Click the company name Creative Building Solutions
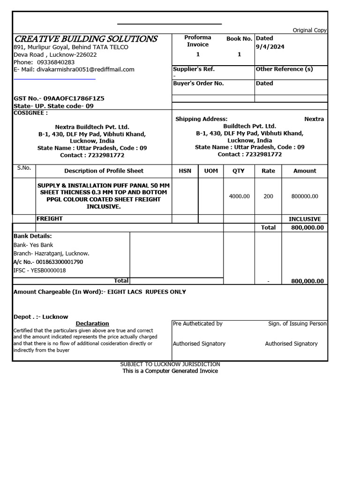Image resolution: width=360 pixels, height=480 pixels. [85, 39]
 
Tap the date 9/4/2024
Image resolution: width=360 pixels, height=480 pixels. [270, 47]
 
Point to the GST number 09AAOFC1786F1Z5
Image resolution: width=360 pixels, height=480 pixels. [74, 98]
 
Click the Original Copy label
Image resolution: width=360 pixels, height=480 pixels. [309, 30]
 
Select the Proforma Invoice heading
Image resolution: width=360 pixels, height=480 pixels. [197, 41]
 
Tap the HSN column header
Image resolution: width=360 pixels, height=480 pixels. [185, 171]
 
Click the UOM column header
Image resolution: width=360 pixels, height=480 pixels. [211, 171]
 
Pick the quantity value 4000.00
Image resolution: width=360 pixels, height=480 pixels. [239, 196]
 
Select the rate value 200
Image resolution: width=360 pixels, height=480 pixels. [268, 196]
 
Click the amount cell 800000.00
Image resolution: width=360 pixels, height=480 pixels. [305, 196]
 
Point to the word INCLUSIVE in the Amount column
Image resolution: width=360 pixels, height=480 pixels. [305, 219]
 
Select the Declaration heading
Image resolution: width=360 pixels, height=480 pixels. [92, 323]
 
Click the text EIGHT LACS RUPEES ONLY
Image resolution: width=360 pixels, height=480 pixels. [147, 292]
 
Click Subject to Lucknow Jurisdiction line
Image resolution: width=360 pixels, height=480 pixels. [170, 364]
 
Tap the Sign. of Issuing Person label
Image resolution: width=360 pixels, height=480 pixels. [297, 323]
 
